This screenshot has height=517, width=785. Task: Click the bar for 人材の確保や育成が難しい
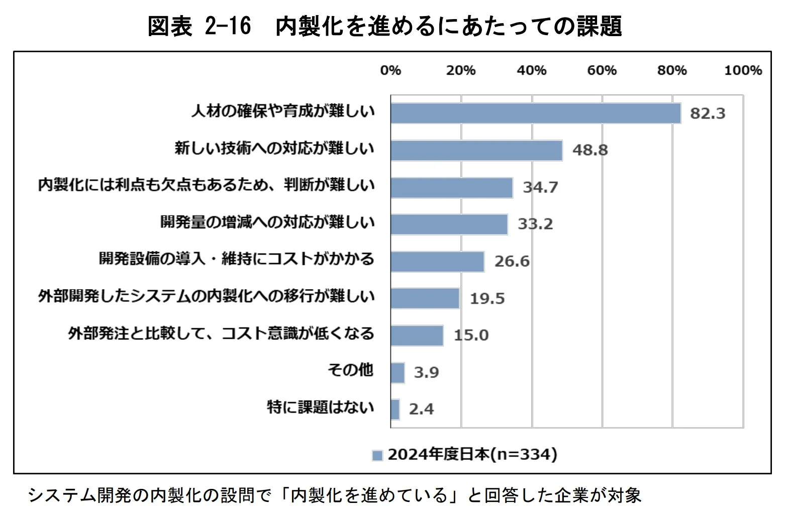536,113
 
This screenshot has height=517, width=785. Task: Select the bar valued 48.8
476,151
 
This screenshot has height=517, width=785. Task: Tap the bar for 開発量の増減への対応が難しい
449,224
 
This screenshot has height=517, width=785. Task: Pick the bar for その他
398,373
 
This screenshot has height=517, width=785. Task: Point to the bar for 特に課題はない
395,410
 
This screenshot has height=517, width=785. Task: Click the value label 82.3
708,113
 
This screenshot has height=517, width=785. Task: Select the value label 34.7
540,187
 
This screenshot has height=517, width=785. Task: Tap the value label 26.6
512,262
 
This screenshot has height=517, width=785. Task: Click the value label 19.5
487,299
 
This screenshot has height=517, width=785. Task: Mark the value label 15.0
471,335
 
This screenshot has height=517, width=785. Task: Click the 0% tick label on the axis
390,70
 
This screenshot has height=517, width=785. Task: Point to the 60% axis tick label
602,70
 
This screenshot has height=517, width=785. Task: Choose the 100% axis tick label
742,70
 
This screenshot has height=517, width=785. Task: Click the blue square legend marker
377,455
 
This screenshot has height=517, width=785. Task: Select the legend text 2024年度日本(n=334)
472,454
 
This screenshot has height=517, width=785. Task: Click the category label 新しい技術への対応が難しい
274,149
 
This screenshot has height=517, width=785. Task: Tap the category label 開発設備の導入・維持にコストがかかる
236,259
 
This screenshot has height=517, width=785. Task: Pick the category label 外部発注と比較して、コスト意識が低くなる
221,333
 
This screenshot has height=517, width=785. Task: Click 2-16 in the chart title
228,26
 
